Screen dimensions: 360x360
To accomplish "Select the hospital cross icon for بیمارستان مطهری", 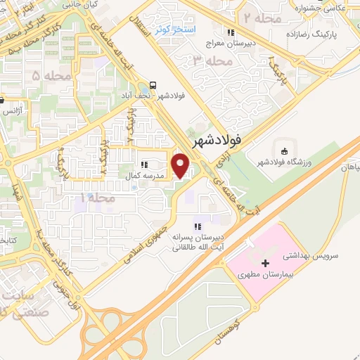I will pos(265,263).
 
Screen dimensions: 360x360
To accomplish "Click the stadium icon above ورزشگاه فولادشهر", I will pos(284,151).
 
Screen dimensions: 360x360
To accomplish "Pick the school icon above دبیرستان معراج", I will pos(229,32).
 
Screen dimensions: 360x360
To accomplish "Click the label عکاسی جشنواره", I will pos(337,8).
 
